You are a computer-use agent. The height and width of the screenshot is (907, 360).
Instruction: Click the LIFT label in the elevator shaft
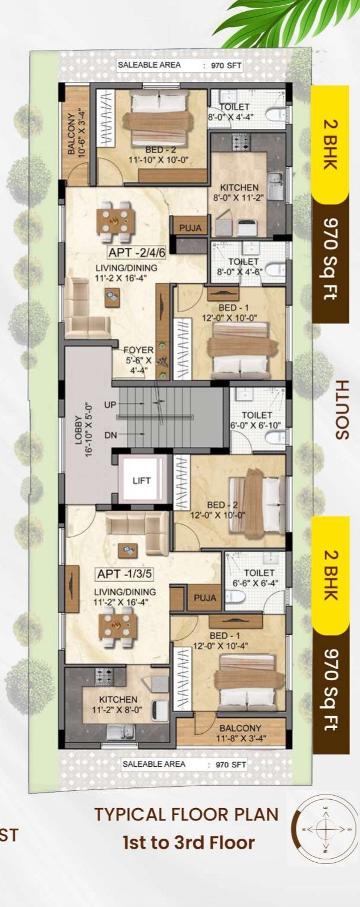coord(141,481)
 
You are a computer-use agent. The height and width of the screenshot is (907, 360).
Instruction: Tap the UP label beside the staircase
coord(111,405)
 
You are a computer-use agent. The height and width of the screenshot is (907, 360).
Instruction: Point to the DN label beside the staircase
coord(111,435)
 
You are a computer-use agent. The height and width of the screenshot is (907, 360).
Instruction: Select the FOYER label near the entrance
coord(138,350)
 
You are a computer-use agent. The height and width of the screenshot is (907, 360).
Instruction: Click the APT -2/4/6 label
coord(136,253)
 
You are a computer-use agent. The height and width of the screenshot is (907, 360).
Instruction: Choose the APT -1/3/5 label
coord(124,574)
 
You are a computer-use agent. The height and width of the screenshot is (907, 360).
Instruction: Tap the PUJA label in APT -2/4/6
coord(190,228)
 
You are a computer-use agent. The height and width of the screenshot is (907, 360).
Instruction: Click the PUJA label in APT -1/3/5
coord(205,598)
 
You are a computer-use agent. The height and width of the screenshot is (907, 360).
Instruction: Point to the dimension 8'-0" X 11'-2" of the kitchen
coord(239,198)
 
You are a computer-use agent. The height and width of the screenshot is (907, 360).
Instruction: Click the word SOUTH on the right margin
coord(342,409)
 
